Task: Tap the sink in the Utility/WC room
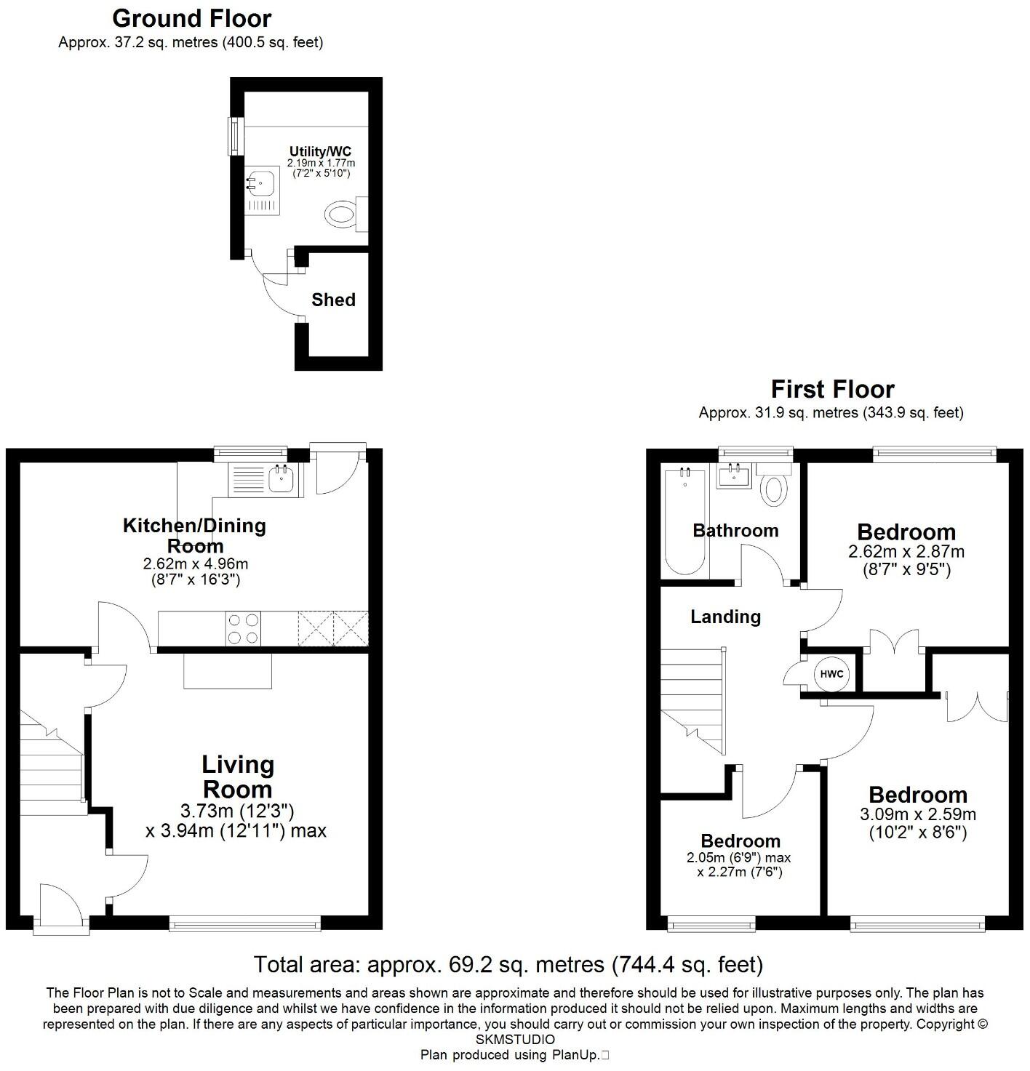(260, 183)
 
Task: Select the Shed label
(333, 300)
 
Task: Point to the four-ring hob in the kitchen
(243, 629)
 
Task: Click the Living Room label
(237, 777)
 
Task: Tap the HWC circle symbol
(831, 674)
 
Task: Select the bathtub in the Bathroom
(684, 521)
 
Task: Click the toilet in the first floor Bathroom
(774, 489)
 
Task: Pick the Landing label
(725, 617)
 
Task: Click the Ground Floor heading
(192, 18)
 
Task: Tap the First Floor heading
(832, 389)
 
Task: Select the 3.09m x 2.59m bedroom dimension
(918, 814)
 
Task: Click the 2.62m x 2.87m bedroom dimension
(906, 552)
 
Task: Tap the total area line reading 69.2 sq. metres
(508, 965)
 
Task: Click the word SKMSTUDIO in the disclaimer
(515, 1040)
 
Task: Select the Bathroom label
(735, 531)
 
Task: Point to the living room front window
(244, 924)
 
